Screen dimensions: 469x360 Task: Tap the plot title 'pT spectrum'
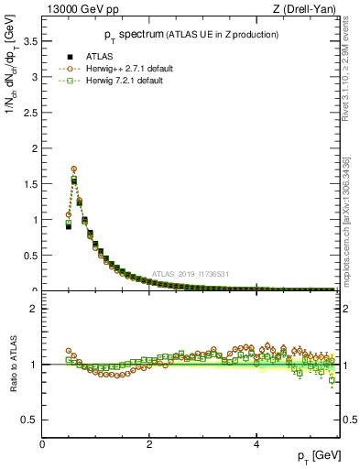129,35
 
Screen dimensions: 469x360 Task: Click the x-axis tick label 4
256,443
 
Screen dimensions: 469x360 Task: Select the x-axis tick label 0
42,443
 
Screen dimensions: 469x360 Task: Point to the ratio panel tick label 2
34,309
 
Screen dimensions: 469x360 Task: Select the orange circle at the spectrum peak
74,169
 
